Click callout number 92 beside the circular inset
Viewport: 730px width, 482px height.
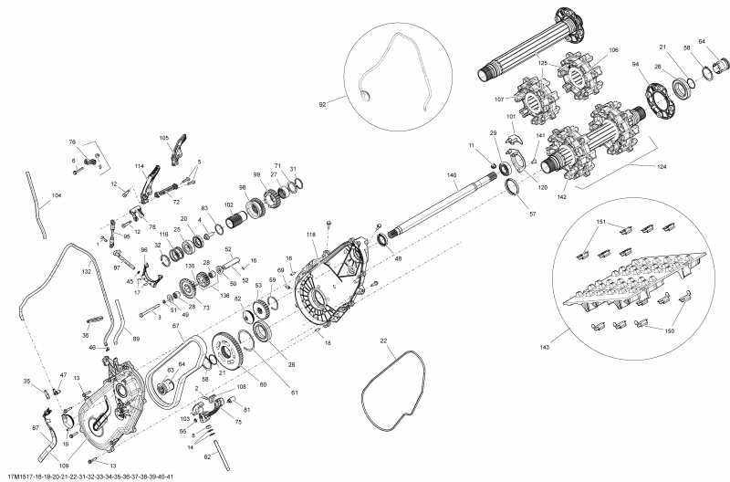point(322,105)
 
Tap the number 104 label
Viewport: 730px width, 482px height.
point(57,196)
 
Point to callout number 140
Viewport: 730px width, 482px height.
point(452,174)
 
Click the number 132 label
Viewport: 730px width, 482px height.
point(87,272)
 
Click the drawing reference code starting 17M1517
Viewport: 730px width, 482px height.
point(89,477)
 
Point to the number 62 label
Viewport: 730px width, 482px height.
point(207,456)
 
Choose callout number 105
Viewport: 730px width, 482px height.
point(164,138)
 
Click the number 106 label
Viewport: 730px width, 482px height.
point(613,49)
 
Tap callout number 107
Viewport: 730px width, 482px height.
point(500,100)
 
